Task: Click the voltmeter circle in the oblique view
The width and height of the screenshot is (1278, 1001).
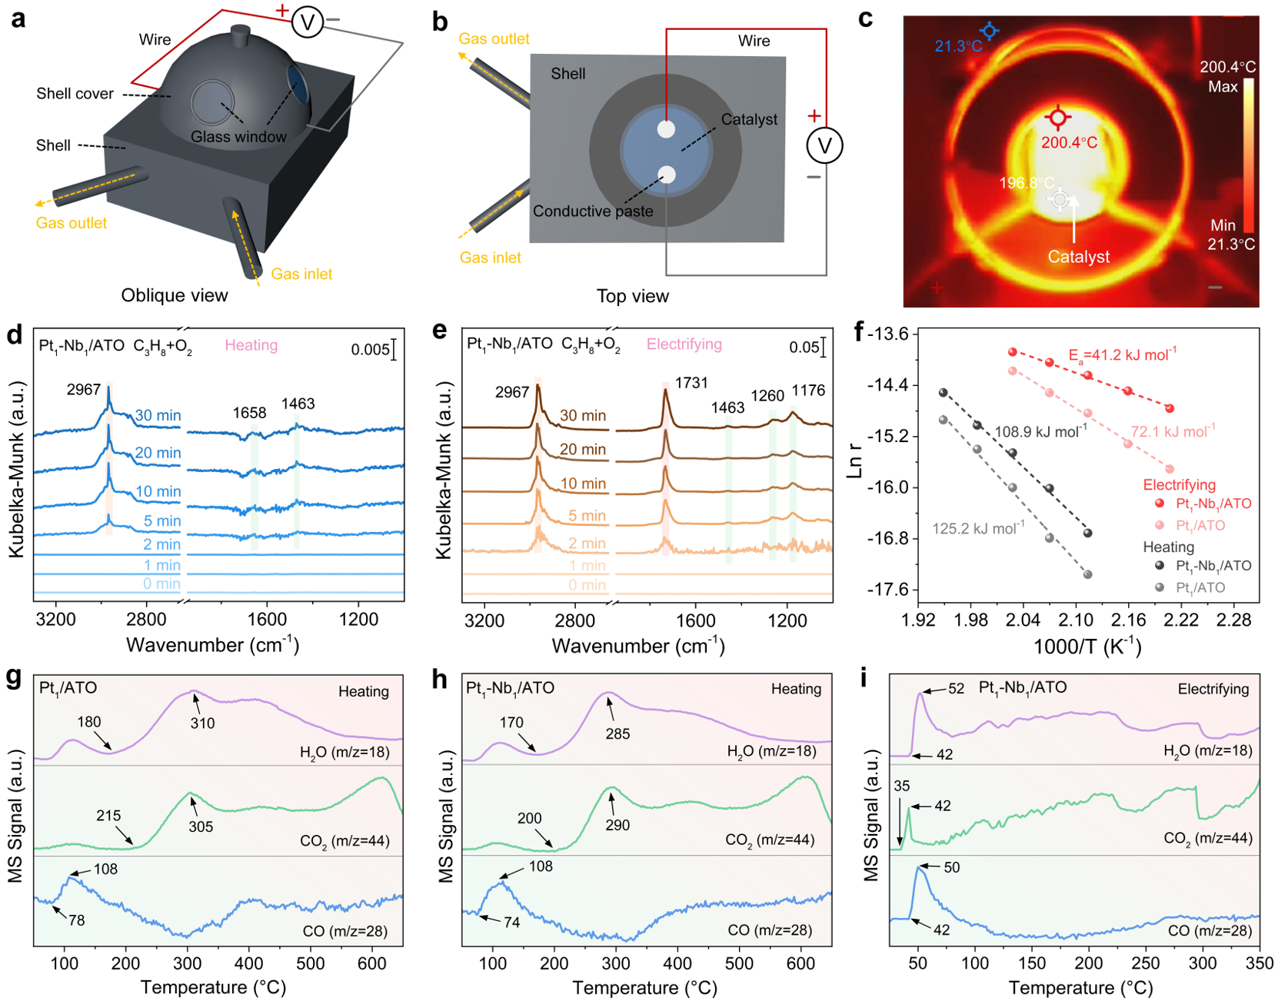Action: [307, 22]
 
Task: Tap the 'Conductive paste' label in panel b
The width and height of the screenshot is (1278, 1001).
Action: [593, 211]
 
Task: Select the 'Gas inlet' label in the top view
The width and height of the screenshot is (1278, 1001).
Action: [490, 258]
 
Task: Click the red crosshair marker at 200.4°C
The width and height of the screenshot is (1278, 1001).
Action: [1058, 118]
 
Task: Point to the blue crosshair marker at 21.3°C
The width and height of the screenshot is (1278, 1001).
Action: [989, 31]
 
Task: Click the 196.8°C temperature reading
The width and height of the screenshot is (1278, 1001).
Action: [1027, 183]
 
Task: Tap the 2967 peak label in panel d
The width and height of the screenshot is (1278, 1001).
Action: [84, 390]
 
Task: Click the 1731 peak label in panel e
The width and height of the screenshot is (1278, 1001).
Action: [691, 383]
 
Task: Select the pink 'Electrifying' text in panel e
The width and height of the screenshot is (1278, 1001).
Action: [684, 344]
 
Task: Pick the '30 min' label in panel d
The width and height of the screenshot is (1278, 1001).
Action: [158, 415]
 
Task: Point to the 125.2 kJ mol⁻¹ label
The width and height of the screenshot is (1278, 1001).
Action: [978, 528]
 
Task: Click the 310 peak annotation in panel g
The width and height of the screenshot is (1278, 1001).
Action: [202, 723]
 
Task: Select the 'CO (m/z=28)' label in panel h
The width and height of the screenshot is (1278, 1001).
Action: [770, 930]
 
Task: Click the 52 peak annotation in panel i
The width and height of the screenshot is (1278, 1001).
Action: [956, 689]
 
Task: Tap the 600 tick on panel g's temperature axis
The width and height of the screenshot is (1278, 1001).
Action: [373, 964]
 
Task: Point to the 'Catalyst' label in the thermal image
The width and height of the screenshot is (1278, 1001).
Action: [1078, 257]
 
